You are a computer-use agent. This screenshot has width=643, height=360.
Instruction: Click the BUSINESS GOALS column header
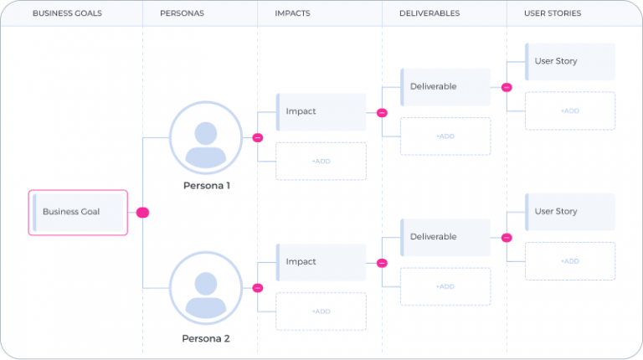point(63,13)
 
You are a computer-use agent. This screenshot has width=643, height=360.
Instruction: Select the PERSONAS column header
point(181,13)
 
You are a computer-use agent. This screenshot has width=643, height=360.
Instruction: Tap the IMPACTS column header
point(294,13)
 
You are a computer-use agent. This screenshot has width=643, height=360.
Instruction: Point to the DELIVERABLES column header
point(429,13)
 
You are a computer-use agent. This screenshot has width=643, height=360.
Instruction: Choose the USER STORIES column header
point(552,13)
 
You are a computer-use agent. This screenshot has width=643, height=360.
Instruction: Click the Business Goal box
point(78,212)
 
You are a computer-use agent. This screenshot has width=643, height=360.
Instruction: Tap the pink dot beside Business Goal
point(142,213)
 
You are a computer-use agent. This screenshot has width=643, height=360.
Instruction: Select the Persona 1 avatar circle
point(206,137)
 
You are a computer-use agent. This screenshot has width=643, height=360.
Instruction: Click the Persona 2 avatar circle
point(206,288)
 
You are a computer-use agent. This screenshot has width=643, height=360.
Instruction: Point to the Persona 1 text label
point(206,186)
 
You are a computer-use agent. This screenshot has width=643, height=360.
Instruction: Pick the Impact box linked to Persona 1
point(321,111)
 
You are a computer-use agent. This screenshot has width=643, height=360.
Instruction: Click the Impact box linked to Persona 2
point(321,262)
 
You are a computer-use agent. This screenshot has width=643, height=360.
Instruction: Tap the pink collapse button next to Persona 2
point(258,288)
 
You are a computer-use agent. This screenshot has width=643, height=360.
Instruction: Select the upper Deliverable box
point(445,87)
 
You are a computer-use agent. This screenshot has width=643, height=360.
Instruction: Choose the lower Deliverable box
point(445,237)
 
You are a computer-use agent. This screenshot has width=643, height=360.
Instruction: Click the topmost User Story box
point(569,62)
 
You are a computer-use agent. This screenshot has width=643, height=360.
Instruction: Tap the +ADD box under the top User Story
point(569,111)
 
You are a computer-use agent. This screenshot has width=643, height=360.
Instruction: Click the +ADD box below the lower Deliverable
point(445,286)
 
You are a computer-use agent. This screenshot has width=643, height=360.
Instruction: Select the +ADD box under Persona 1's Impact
point(321,161)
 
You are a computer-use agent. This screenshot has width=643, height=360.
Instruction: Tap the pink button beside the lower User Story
point(507,238)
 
